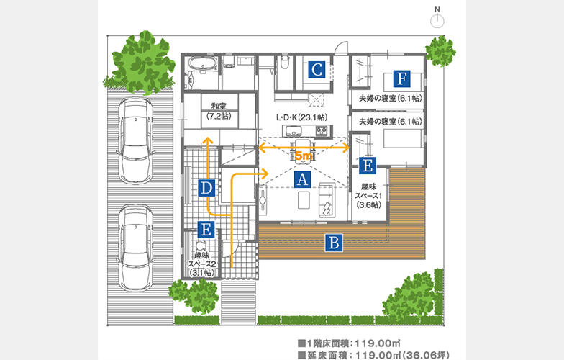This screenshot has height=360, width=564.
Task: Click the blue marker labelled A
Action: (302, 179)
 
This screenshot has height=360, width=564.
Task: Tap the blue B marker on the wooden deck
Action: (334, 243)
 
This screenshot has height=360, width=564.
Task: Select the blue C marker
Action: (317, 70)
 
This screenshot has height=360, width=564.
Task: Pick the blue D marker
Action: (206, 188)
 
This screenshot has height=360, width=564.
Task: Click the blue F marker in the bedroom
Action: (401, 78)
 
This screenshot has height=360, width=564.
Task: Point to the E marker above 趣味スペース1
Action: (368, 166)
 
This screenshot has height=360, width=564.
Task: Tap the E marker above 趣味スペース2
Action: (206, 229)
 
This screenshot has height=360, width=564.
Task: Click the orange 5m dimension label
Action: (304, 156)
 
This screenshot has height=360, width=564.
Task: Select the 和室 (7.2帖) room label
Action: (219, 111)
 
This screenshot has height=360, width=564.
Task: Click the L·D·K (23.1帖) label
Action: (301, 118)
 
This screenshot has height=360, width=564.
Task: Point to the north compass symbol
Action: (437, 17)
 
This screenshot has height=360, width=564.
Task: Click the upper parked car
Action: (136, 140)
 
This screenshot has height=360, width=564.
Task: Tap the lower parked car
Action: (136, 248)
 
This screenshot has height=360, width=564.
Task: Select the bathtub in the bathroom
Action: (203, 65)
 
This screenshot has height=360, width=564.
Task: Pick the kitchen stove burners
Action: (322, 131)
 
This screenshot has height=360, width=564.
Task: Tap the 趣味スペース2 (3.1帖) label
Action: (203, 264)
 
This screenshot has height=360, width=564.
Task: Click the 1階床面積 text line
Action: (349, 343)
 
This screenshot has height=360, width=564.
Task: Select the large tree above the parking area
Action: (143, 63)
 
